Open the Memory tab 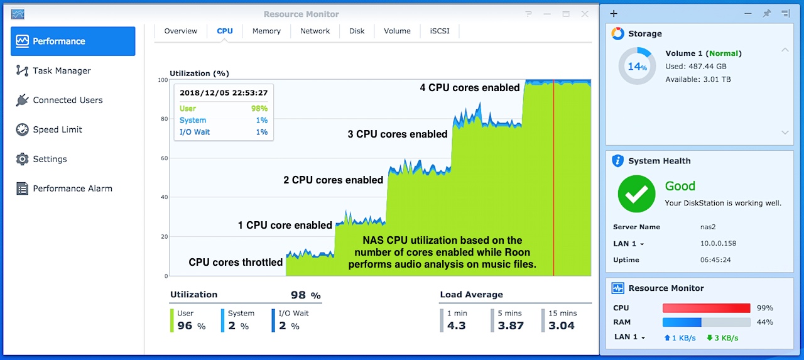pyautogui.click(x=266, y=31)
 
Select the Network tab pyautogui.click(x=315, y=31)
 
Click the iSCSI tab pyautogui.click(x=439, y=31)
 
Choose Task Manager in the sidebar pyautogui.click(x=62, y=71)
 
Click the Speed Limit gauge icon pyautogui.click(x=23, y=129)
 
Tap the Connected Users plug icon pyautogui.click(x=23, y=100)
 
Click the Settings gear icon pyautogui.click(x=23, y=159)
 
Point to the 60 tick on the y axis pyautogui.click(x=163, y=158)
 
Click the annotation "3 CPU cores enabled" pyautogui.click(x=398, y=134)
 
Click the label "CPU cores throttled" pyautogui.click(x=236, y=262)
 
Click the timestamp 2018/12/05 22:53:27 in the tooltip pyautogui.click(x=224, y=93)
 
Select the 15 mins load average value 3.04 pyautogui.click(x=561, y=325)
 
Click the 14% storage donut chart pyautogui.click(x=637, y=67)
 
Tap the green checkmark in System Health pyautogui.click(x=636, y=194)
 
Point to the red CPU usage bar pyautogui.click(x=706, y=308)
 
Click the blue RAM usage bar pyautogui.click(x=682, y=322)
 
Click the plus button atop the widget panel pyautogui.click(x=614, y=14)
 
